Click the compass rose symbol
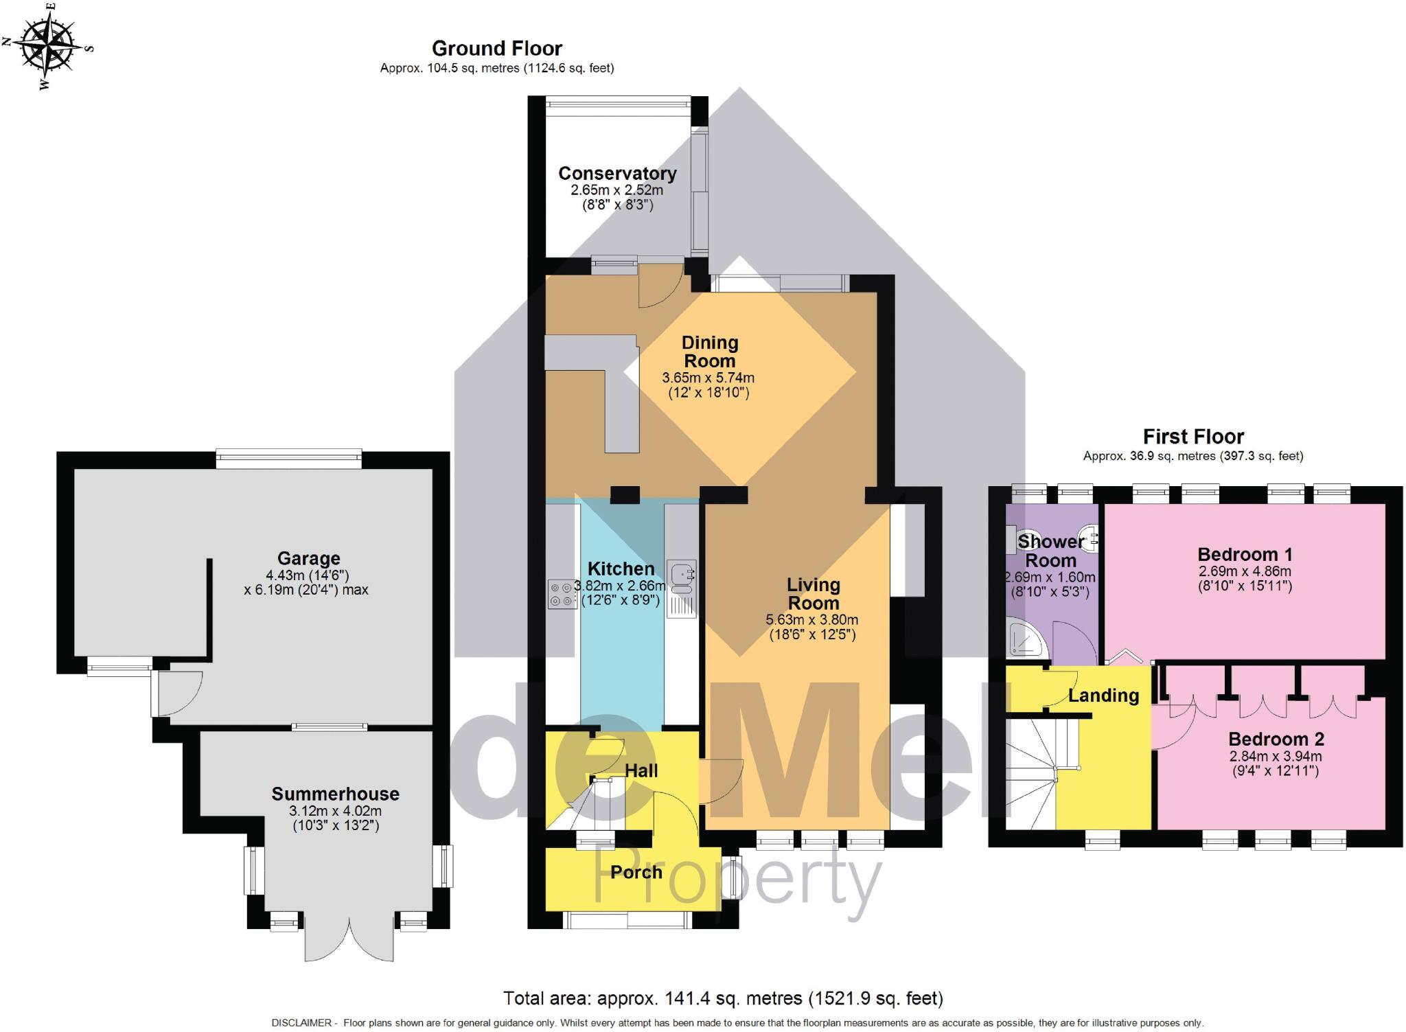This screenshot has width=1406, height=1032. (47, 47)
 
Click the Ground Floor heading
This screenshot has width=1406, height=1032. (496, 48)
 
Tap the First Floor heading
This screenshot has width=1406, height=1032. (1192, 437)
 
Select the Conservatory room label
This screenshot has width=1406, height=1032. (616, 174)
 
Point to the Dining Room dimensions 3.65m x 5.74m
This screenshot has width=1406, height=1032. (708, 378)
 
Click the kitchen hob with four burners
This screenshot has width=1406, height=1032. (562, 595)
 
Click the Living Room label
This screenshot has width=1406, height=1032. (813, 594)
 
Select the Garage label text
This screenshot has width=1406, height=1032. (308, 558)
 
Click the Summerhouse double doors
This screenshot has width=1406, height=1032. (349, 937)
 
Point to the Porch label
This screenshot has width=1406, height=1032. (636, 872)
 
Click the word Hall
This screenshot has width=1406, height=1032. (641, 770)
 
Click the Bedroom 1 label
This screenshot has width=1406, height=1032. (1245, 554)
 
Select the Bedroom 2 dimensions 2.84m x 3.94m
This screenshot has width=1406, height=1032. (1275, 756)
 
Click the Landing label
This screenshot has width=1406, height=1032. (1103, 696)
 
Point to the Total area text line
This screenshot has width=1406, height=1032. (722, 998)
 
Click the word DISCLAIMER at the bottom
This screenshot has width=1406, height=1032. (302, 1023)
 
